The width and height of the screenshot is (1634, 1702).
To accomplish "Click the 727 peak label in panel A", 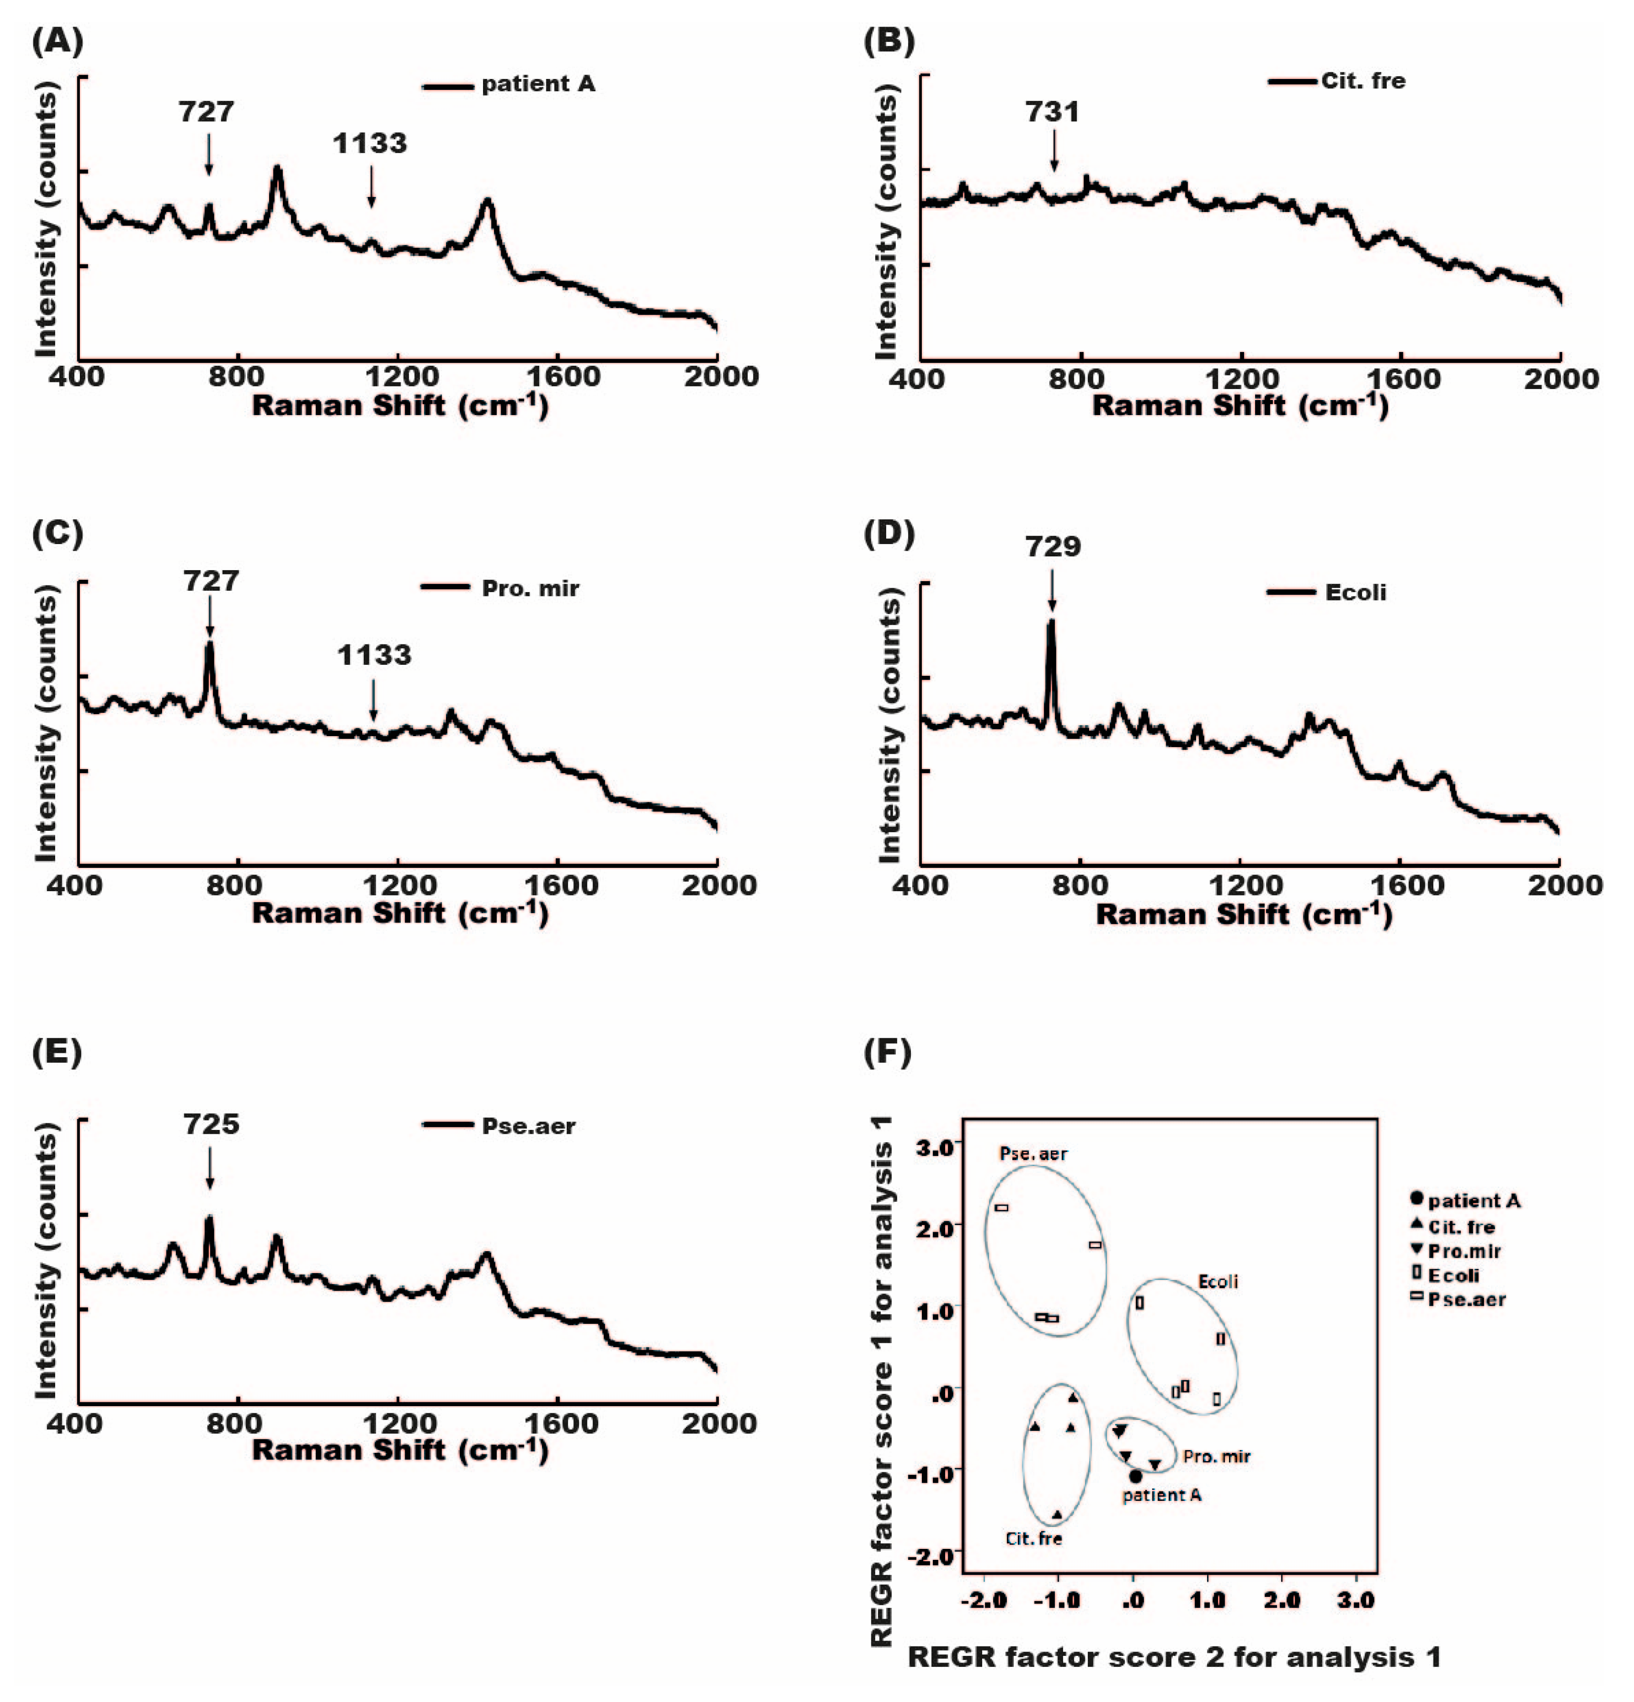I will (207, 112).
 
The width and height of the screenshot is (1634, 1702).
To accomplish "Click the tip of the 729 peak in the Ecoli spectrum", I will (1051, 622).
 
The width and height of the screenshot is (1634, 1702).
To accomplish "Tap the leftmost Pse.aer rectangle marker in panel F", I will (1001, 1208).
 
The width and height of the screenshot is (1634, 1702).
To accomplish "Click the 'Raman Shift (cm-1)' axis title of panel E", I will (399, 1449).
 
